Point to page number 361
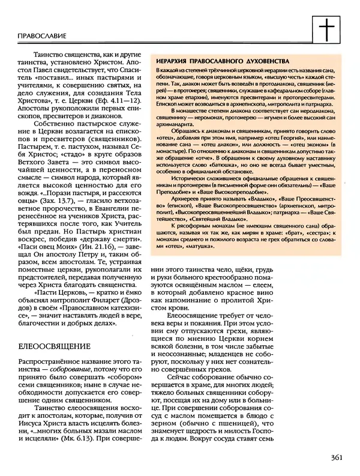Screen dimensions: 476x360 (336, 458)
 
